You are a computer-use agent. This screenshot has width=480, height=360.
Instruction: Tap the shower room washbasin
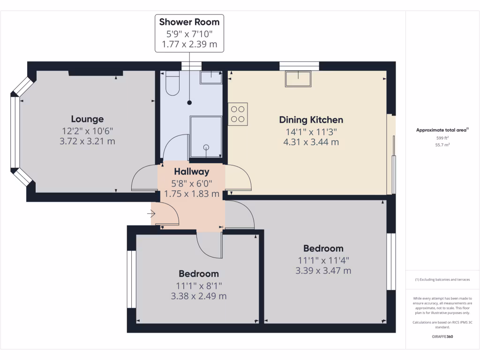point(210,77)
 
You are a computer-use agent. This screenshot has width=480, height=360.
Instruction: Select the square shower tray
point(206,136)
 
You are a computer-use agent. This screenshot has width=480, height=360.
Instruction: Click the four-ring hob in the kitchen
point(238,113)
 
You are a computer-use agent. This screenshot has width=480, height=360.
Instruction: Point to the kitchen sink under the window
point(298,79)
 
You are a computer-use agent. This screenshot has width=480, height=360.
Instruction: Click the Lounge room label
point(87,119)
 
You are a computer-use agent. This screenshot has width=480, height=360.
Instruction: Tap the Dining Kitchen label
point(311,120)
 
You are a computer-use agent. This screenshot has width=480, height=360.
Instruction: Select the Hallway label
point(191,172)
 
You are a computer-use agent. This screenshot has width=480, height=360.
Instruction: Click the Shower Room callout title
point(189,22)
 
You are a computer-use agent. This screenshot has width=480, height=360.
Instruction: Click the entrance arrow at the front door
point(151,214)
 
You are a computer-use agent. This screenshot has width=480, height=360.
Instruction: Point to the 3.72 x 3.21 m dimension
point(87,141)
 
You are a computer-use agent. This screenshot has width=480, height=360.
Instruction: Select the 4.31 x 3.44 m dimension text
point(311,142)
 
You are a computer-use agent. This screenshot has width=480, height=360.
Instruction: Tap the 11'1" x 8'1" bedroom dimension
point(199,285)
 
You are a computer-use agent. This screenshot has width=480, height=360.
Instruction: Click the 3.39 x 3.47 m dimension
point(323,270)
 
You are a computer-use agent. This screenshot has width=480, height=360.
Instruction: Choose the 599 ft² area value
point(442,138)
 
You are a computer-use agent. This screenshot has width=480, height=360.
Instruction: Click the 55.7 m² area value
point(442,145)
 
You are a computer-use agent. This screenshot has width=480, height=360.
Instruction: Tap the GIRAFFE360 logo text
point(442,337)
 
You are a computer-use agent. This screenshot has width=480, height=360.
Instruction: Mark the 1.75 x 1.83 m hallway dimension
point(191,194)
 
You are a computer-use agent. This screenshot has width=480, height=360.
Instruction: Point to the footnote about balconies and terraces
point(442,280)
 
